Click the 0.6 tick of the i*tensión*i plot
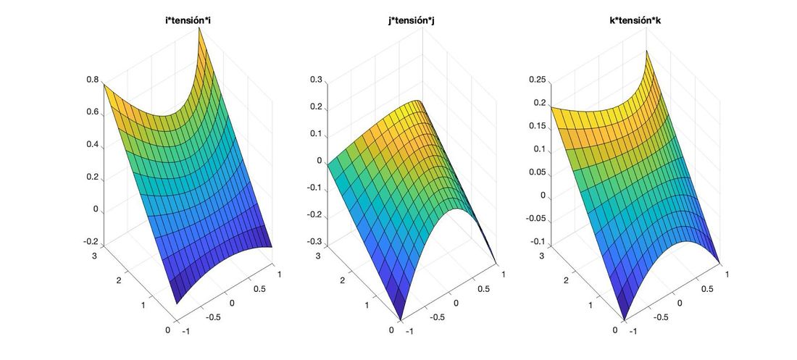point(93,112)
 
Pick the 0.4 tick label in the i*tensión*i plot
point(93,144)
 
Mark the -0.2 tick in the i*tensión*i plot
point(91,241)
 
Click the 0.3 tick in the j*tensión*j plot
point(317,80)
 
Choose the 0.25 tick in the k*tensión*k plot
point(537,80)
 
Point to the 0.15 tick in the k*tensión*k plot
point(537,126)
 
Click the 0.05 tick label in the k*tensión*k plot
point(537,172)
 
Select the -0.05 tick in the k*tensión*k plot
point(535,218)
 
